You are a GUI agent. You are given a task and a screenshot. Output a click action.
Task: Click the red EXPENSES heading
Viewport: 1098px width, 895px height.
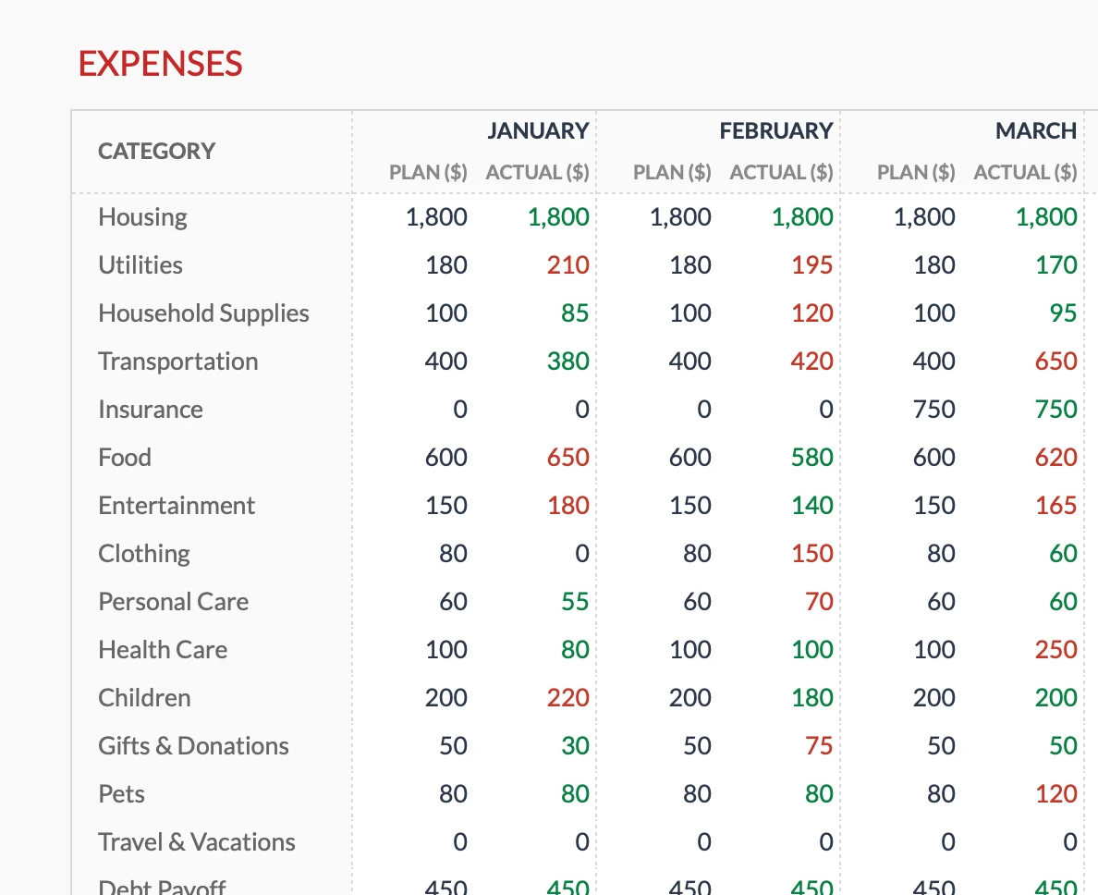[160, 64]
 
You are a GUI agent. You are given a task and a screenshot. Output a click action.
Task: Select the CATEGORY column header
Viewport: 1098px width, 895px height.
[156, 151]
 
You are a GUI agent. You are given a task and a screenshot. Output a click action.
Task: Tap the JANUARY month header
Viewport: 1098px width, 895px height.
[538, 131]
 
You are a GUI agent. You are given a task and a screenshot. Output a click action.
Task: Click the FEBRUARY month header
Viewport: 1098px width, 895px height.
[775, 131]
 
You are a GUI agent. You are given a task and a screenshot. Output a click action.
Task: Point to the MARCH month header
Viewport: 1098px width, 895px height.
[1035, 131]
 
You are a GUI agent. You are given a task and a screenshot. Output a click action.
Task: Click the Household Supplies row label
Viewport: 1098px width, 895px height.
[203, 313]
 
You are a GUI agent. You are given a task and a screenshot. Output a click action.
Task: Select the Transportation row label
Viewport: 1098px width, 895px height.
[177, 361]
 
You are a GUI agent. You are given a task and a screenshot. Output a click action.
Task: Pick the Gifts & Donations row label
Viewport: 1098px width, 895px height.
[193, 745]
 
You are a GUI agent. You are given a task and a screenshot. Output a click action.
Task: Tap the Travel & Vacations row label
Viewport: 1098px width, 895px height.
[196, 841]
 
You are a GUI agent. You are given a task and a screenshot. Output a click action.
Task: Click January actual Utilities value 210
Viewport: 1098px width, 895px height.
[567, 264]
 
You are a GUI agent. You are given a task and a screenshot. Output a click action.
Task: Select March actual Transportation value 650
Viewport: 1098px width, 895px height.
[1055, 361]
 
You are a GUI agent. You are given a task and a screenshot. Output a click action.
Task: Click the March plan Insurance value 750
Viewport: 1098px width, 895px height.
[933, 409]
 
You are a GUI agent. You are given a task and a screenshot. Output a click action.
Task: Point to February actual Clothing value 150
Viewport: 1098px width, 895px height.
[811, 553]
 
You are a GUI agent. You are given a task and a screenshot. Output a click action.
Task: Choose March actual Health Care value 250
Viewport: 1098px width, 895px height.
[1055, 649]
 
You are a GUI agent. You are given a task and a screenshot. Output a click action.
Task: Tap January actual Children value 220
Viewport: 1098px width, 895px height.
[567, 697]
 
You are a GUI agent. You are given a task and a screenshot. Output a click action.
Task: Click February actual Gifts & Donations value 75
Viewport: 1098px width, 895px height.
[819, 745]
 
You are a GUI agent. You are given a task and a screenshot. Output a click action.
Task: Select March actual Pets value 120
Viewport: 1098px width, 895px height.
[1055, 793]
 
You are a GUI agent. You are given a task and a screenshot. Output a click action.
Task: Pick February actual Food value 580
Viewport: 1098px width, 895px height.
[811, 457]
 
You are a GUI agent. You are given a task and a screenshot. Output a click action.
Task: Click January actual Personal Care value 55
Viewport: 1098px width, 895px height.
[574, 601]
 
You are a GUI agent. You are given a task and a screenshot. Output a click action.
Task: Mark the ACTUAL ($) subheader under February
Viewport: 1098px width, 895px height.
[781, 172]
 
